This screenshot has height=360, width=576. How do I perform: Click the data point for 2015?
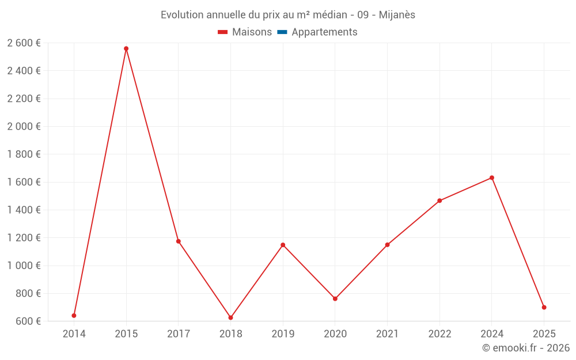pyautogui.click(x=126, y=49)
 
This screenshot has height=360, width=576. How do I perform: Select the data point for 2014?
pyautogui.click(x=74, y=316)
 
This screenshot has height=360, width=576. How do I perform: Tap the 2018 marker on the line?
pyautogui.click(x=230, y=318)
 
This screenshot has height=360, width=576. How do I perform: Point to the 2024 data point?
pyautogui.click(x=491, y=178)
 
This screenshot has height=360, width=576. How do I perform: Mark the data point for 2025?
pyautogui.click(x=544, y=308)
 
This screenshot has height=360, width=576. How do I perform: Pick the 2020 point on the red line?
pyautogui.click(x=335, y=299)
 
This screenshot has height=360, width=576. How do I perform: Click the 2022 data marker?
pyautogui.click(x=439, y=201)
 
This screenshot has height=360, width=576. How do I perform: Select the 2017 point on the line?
pyautogui.click(x=179, y=241)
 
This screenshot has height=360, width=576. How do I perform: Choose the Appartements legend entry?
pyautogui.click(x=324, y=32)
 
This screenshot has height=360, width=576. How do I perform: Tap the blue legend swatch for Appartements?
pyautogui.click(x=282, y=32)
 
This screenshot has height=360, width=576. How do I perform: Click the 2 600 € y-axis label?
pyautogui.click(x=24, y=43)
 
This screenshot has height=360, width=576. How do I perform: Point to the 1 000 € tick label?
pyautogui.click(x=24, y=266)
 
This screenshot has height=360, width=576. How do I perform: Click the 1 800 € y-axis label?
pyautogui.click(x=24, y=154)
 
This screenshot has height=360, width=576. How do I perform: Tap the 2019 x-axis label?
pyautogui.click(x=283, y=334)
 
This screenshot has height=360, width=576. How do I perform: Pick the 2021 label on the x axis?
pyautogui.click(x=387, y=334)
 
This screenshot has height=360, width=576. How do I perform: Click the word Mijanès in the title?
pyautogui.click(x=397, y=15)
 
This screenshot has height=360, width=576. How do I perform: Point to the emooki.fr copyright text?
pyautogui.click(x=526, y=348)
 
